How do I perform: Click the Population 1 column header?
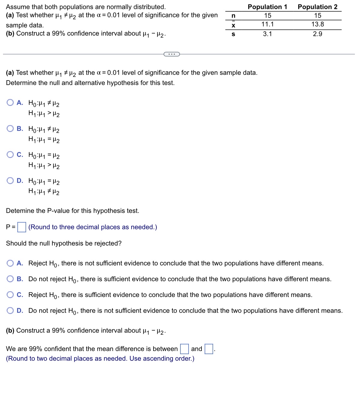pyautogui.click(x=267, y=7)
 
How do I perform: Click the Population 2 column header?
pyautogui.click(x=317, y=7)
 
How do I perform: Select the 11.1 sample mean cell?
pyautogui.click(x=267, y=24)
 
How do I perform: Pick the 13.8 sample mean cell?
pyautogui.click(x=317, y=24)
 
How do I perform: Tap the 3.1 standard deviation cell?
pyautogui.click(x=267, y=34)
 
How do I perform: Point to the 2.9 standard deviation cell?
pyautogui.click(x=317, y=34)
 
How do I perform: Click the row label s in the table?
pyautogui.click(x=233, y=34)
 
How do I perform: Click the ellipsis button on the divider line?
pyautogui.click(x=171, y=54)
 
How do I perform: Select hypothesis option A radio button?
pyautogui.click(x=10, y=103)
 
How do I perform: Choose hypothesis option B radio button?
pyautogui.click(x=10, y=129)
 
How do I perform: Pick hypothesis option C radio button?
pyautogui.click(x=10, y=155)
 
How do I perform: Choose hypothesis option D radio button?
pyautogui.click(x=10, y=181)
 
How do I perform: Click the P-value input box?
pyautogui.click(x=22, y=227)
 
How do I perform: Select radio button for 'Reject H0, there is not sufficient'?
pyautogui.click(x=10, y=263)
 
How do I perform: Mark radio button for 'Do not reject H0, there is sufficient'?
pyautogui.click(x=10, y=279)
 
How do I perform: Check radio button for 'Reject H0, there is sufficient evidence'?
pyautogui.click(x=10, y=295)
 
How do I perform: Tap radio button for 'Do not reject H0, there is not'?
pyautogui.click(x=10, y=311)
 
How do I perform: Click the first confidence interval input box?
pyautogui.click(x=184, y=349)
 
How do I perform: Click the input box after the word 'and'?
pyautogui.click(x=209, y=349)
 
